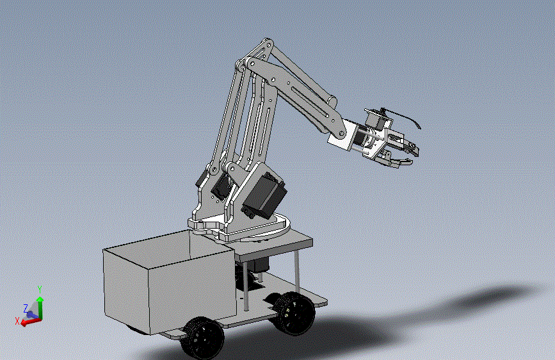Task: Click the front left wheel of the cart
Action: (x=203, y=338)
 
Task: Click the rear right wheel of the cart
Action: (x=293, y=313)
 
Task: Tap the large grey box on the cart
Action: (x=169, y=281)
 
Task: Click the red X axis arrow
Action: (x=31, y=322)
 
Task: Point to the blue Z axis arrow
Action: (x=32, y=315)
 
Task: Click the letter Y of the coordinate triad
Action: (x=40, y=290)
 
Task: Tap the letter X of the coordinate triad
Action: (x=17, y=321)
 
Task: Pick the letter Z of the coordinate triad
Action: (x=26, y=308)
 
